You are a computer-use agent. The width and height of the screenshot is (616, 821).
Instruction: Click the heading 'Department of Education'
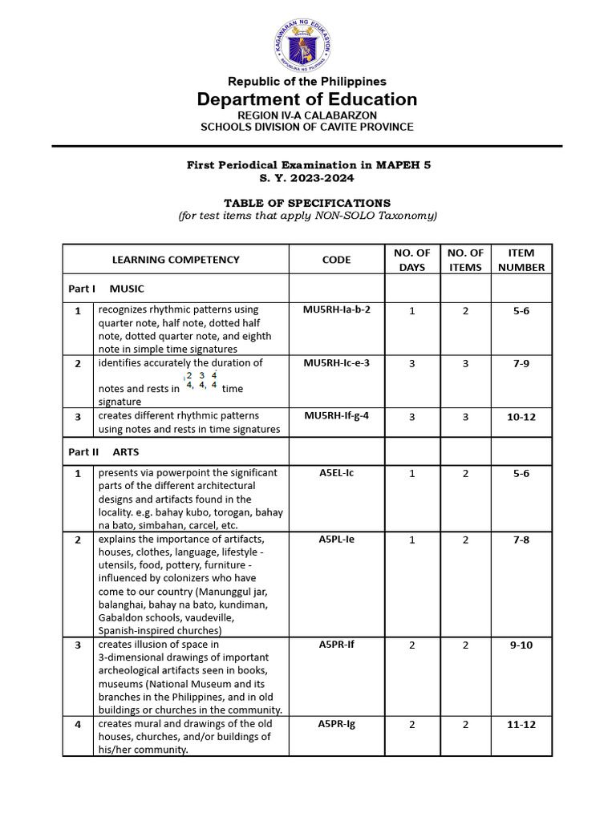click(x=307, y=99)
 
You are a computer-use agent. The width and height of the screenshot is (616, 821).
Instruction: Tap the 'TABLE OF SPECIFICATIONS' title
click(x=307, y=203)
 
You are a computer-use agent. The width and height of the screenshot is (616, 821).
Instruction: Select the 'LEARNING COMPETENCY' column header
click(x=176, y=260)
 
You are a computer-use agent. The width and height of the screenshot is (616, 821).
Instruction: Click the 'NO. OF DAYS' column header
click(x=411, y=260)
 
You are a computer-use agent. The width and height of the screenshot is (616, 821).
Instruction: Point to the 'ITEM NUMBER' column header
click(x=521, y=260)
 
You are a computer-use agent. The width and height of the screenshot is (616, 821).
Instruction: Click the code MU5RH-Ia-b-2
click(x=336, y=309)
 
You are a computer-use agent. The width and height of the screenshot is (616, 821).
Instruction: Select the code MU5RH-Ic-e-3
click(x=336, y=363)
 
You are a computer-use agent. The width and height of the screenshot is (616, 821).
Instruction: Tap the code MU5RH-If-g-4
click(x=336, y=415)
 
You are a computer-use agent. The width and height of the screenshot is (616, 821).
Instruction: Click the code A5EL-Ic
click(x=336, y=473)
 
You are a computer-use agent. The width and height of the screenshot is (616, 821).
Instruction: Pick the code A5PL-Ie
click(x=336, y=539)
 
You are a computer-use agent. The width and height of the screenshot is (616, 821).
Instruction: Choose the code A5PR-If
click(x=336, y=644)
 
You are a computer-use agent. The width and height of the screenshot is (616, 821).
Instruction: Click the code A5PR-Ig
click(x=336, y=724)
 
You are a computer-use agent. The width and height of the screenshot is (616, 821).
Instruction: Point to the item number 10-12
click(x=521, y=416)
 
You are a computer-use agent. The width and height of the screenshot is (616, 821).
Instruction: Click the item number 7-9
click(x=521, y=364)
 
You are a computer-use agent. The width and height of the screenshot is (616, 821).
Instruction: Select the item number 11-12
click(x=521, y=725)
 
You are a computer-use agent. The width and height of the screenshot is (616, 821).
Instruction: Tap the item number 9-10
click(x=521, y=645)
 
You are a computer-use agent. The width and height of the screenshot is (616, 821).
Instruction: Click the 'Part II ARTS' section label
click(x=103, y=452)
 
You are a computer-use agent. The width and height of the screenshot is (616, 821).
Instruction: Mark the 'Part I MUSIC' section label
click(x=106, y=289)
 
